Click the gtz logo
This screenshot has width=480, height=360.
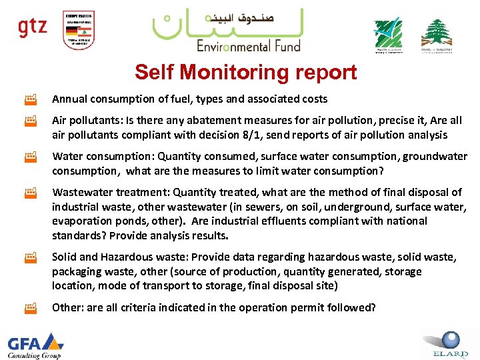point(32,28)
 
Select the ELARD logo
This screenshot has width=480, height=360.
point(446,343)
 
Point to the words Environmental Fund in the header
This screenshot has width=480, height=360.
point(248,46)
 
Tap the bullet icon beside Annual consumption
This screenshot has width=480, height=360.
point(30,99)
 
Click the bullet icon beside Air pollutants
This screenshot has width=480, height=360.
point(30,121)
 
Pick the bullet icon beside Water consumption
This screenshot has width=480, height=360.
point(30,157)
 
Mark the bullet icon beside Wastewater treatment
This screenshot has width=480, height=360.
point(30,193)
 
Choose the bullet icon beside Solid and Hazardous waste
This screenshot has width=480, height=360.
point(30,257)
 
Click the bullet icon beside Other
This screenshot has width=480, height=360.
point(30,308)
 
